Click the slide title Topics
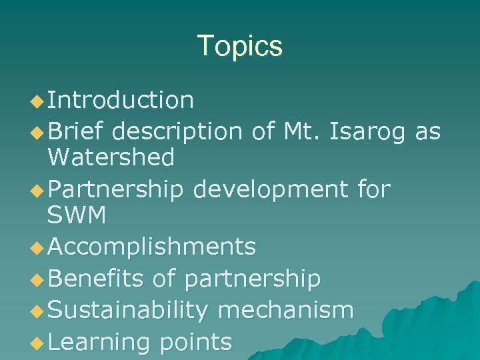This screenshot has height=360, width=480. tap(240, 46)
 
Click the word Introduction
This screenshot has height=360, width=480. tap(121, 100)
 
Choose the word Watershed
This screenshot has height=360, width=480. tap(111, 157)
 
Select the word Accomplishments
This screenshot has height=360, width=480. tap(152, 247)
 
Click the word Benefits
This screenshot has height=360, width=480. tap(96, 278)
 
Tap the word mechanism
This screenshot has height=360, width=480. tap(286, 309)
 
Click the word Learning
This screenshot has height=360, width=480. tap(99, 341)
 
